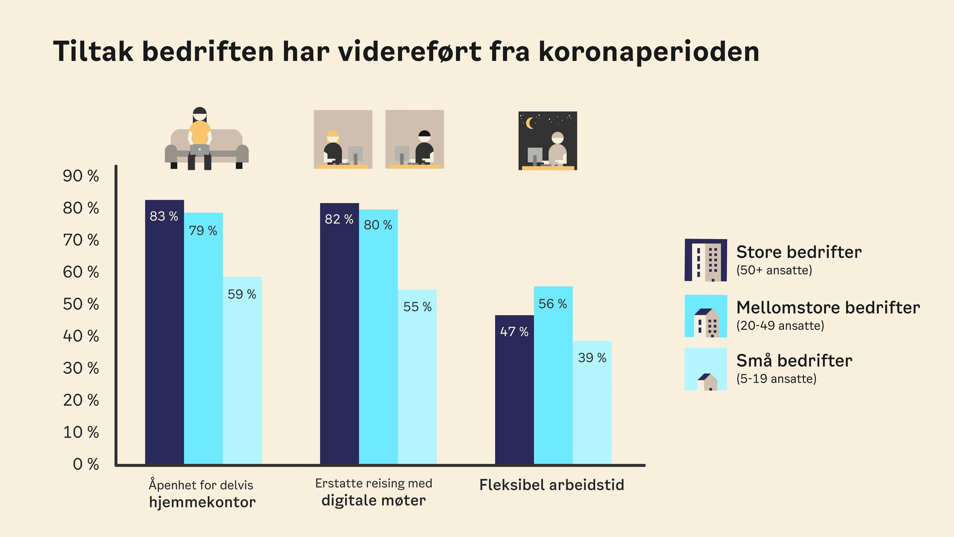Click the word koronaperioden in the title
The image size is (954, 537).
point(648,52)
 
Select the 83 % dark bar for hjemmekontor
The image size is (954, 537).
point(164,334)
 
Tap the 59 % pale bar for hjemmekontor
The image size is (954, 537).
point(242,371)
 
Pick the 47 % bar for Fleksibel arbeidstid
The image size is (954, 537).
point(514,389)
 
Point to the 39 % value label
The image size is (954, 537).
point(592,358)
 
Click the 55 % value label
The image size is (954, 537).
point(418,306)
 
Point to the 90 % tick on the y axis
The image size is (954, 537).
point(81,176)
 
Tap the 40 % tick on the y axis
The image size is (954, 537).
point(81,336)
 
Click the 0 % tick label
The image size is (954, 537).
point(85,464)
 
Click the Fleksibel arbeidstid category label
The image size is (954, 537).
point(551,485)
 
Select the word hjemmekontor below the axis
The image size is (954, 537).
point(202,502)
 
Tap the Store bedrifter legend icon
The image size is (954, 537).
point(706,260)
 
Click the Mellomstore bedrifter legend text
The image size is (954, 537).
point(828,308)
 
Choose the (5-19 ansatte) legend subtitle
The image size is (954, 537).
point(776,379)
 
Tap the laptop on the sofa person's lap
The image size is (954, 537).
point(200,150)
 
